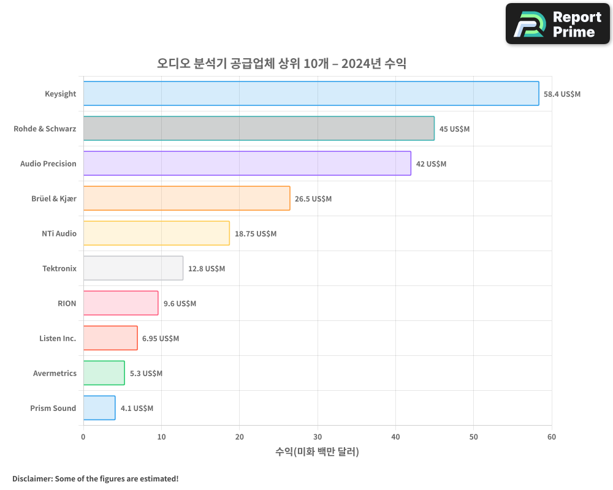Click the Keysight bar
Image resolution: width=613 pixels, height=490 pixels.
(311, 94)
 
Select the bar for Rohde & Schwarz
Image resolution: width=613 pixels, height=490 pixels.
(259, 129)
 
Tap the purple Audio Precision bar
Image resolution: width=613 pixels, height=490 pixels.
(247, 164)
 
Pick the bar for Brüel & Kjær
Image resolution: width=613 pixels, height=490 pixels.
(186, 198)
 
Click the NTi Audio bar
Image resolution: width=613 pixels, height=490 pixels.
(156, 233)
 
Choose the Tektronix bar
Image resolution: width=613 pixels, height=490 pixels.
(133, 268)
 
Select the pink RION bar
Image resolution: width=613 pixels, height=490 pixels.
(121, 303)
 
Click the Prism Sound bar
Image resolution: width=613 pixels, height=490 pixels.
(99, 408)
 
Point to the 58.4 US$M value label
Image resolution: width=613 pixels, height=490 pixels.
(562, 94)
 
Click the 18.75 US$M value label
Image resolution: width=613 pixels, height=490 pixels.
(255, 234)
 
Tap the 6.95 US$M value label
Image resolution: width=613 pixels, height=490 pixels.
(161, 339)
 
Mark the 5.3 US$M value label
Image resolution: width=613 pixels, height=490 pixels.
(146, 374)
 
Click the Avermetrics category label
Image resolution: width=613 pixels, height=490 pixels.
(55, 373)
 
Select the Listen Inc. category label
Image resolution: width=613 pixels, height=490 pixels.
(58, 338)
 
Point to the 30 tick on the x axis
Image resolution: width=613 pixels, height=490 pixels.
(318, 437)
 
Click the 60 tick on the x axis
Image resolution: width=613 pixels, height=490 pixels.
(552, 437)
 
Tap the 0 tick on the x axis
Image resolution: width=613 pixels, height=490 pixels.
(83, 437)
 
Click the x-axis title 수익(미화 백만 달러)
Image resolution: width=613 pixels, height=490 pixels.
(317, 452)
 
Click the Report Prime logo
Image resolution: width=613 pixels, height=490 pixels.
(558, 24)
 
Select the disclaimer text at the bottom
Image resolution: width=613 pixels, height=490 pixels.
(95, 478)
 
